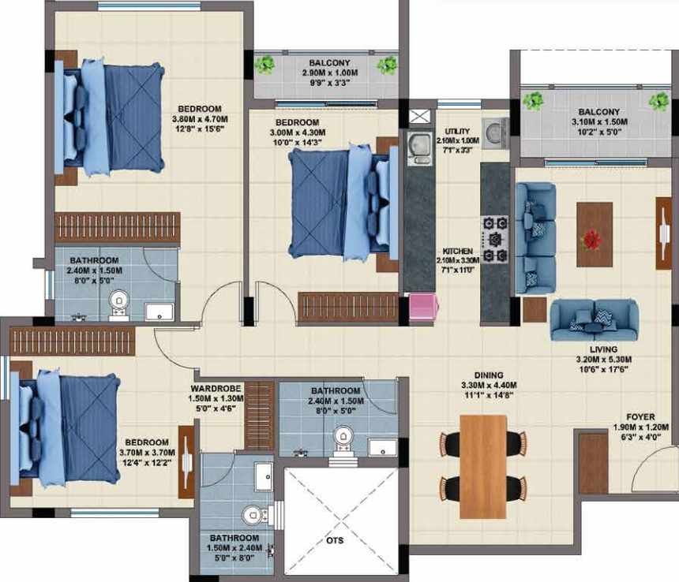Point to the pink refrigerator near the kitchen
tap(422, 307)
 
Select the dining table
tap(482, 465)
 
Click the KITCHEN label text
tap(458, 251)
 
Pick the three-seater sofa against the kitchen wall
tap(535, 237)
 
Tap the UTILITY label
tap(458, 131)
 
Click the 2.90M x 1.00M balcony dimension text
tap(329, 73)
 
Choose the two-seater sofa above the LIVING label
tap(594, 316)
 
